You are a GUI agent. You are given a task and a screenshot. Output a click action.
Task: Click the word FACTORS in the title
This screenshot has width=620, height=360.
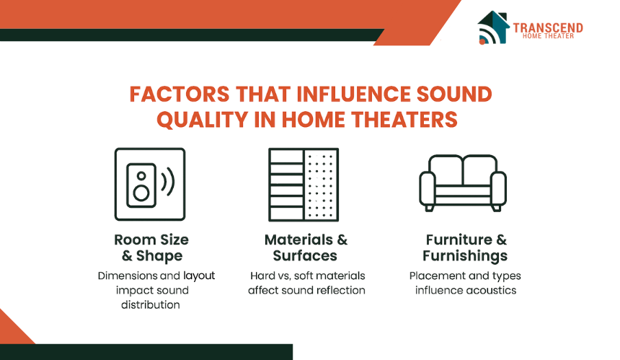[x=180, y=95]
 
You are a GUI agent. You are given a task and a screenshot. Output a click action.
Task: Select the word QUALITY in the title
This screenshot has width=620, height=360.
[x=202, y=120]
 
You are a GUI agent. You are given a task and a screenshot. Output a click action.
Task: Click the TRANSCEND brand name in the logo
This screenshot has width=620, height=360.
[x=548, y=27]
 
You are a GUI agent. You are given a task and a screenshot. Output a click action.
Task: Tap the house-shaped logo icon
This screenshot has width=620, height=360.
[x=493, y=27]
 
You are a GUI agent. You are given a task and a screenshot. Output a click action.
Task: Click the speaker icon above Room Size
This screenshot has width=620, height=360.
[x=141, y=185]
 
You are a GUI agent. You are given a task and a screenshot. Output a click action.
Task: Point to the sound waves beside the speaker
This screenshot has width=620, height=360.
[x=168, y=182]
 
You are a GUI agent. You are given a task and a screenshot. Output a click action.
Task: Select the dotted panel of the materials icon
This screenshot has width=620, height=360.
[x=322, y=185]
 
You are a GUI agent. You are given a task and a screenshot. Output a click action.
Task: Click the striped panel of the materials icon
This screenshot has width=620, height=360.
[x=286, y=185]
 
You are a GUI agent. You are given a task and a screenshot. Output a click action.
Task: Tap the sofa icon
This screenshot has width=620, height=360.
[x=463, y=183]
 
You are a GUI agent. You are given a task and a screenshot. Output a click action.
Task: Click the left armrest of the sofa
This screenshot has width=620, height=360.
[x=428, y=189]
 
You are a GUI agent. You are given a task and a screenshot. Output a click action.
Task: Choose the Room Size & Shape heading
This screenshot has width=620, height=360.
[x=151, y=247]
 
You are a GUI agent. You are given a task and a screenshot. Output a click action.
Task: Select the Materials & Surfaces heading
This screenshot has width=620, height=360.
[x=306, y=247]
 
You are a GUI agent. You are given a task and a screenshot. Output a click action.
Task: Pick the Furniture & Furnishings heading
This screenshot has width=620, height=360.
[x=465, y=247]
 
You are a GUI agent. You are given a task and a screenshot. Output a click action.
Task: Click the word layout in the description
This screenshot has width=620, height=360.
[x=199, y=276]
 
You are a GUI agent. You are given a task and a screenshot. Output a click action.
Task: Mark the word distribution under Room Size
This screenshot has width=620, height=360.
[x=151, y=304]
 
